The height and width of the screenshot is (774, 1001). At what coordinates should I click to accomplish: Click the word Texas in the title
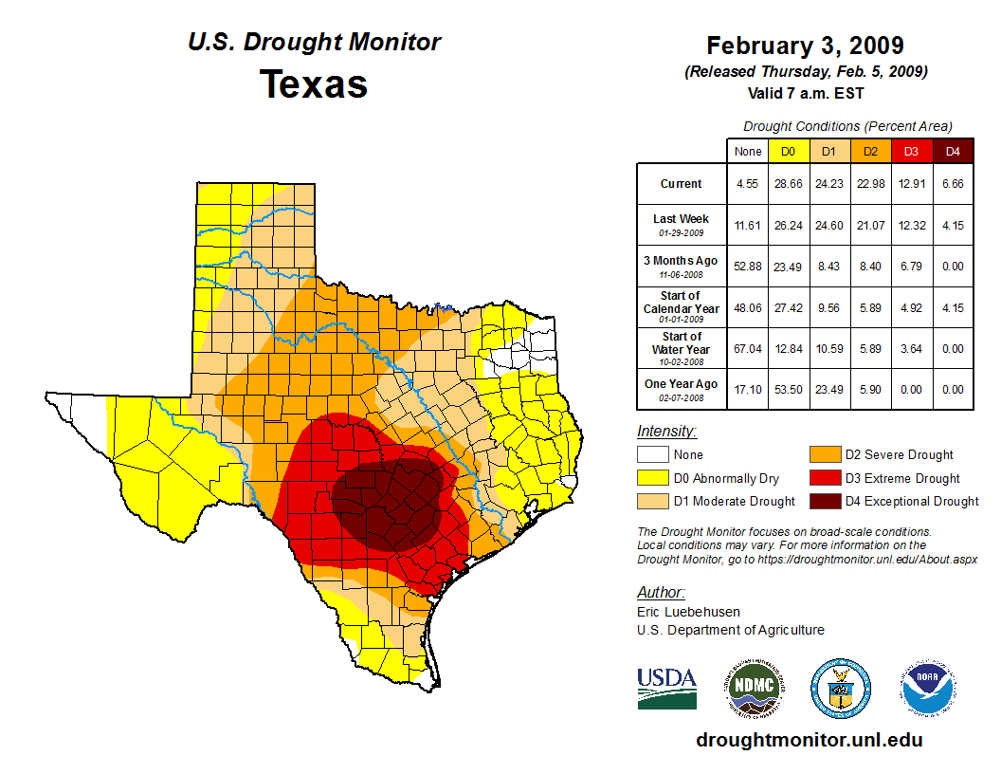tap(314, 84)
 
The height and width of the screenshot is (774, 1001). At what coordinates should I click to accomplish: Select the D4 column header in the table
tap(953, 151)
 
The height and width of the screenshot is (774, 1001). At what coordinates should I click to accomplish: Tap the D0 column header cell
tap(788, 151)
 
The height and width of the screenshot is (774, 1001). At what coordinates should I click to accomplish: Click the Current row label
tap(682, 184)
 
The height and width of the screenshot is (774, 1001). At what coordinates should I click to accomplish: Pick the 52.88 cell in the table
tap(748, 267)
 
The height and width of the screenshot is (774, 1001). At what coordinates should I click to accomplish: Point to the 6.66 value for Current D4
tap(953, 184)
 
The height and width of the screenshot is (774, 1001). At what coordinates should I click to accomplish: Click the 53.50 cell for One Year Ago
tap(788, 389)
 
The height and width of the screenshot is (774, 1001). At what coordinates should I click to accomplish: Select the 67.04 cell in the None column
tap(748, 348)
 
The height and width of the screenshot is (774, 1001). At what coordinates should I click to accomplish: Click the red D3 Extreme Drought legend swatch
tap(824, 478)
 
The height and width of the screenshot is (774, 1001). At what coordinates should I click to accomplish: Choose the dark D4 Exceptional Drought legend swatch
tap(824, 501)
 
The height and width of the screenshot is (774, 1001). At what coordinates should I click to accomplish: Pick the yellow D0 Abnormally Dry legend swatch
tap(652, 478)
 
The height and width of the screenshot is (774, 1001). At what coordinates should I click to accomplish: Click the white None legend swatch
tap(652, 455)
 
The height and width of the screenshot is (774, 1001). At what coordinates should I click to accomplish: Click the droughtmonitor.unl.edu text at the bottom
tap(809, 740)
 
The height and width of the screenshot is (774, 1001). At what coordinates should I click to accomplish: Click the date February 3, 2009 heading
tap(805, 46)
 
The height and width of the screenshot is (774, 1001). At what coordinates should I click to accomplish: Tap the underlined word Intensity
tap(666, 432)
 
